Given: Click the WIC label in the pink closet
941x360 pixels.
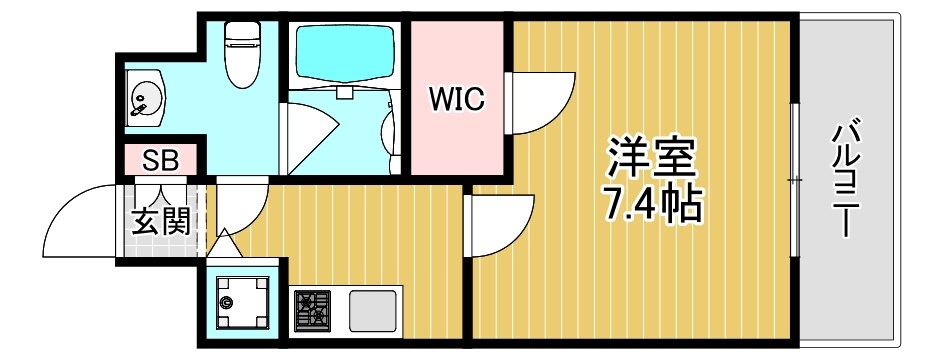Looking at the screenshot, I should pos(457,99).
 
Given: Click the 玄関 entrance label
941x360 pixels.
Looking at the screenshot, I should pos(160,221).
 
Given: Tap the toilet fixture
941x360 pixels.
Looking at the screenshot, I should pos(240,55).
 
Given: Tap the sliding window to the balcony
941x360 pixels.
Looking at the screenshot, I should pos(795,180).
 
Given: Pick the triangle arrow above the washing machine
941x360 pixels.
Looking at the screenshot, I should pos(224,242).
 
